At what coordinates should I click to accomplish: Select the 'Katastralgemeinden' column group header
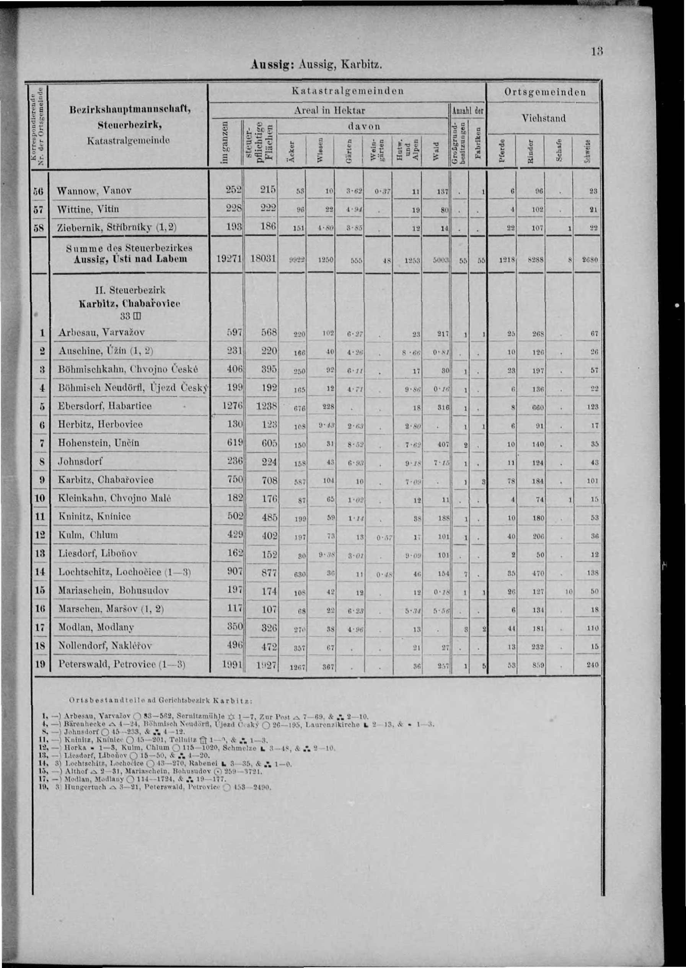point(347,91)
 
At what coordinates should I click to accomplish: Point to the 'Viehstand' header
point(543,118)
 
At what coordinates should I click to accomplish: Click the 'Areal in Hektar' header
point(329,111)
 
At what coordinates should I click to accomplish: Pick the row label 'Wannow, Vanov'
point(95,191)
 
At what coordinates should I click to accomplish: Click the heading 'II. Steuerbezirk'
point(130,291)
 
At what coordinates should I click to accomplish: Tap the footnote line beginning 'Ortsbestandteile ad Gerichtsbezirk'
point(161,700)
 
